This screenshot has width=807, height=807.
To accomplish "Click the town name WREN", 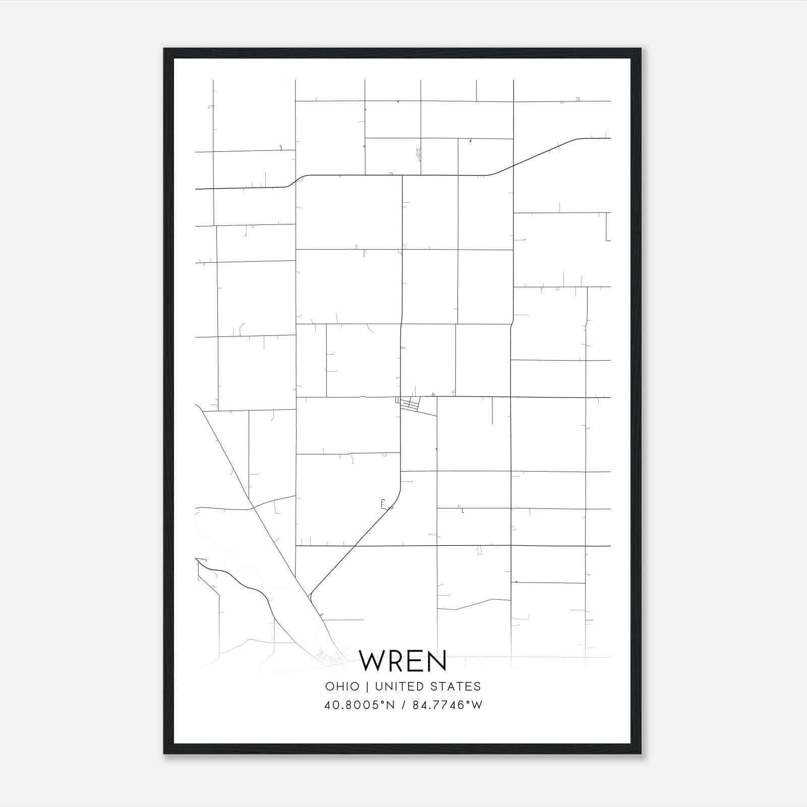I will click(403, 661).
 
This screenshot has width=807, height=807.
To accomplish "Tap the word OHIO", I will click(342, 686).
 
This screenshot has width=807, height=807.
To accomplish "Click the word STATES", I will click(458, 686).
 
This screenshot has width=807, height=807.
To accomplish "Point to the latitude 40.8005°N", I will click(360, 705).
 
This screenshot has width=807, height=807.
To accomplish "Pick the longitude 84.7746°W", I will click(447, 705).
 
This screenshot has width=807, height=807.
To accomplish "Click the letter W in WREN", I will click(373, 661).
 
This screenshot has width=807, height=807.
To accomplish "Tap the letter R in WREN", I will click(396, 661).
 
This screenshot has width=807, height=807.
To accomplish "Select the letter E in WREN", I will click(415, 661).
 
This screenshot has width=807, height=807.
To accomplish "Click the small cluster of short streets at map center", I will click(410, 403).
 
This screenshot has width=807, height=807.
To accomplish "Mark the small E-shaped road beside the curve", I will click(383, 503).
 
